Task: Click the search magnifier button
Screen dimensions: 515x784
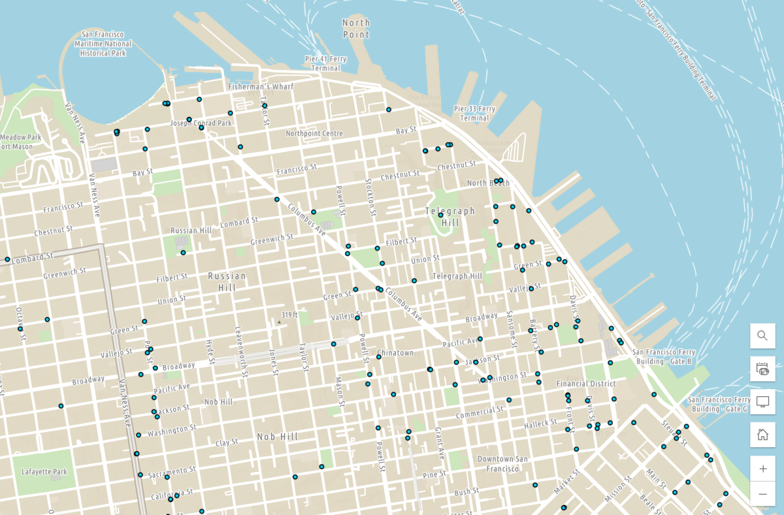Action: [x=762, y=336]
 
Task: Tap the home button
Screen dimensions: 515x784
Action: [x=762, y=435]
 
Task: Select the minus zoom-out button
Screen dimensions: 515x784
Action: [x=762, y=494]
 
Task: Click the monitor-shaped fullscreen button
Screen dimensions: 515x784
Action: [x=762, y=401]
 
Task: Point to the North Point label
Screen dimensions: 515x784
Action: [x=356, y=29]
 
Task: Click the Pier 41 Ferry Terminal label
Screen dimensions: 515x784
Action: [x=325, y=63]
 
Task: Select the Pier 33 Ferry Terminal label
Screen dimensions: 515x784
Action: [x=474, y=114]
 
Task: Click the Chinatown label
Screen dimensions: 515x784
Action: [x=395, y=353]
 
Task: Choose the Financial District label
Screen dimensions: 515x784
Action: [x=586, y=384]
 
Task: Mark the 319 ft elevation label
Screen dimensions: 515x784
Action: [x=289, y=315]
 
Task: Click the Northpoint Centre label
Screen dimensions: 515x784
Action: [x=314, y=134]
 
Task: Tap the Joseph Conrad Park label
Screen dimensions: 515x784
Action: [x=201, y=123]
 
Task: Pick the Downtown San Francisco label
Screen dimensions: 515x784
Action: [x=502, y=463]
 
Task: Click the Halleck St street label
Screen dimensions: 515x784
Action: [x=540, y=424]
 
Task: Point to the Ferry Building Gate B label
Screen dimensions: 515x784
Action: [x=664, y=356]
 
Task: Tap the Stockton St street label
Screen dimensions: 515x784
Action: [x=370, y=197]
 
